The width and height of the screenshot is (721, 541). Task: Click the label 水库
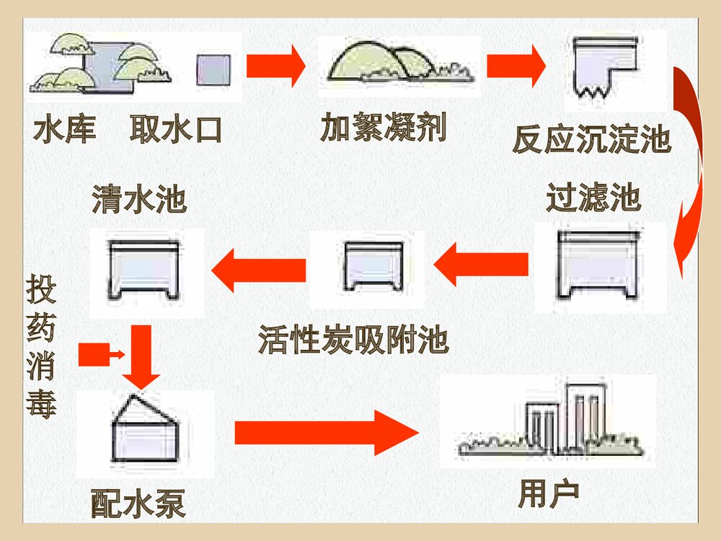point(65,131)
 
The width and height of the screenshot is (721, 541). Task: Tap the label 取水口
point(176,131)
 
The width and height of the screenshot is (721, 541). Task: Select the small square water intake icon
point(213,69)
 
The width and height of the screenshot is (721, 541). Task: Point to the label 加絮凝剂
point(383,128)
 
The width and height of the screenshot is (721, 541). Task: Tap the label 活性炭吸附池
point(353,340)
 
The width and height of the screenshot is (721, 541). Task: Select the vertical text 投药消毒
point(41,346)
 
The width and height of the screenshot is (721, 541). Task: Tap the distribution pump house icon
point(144,429)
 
